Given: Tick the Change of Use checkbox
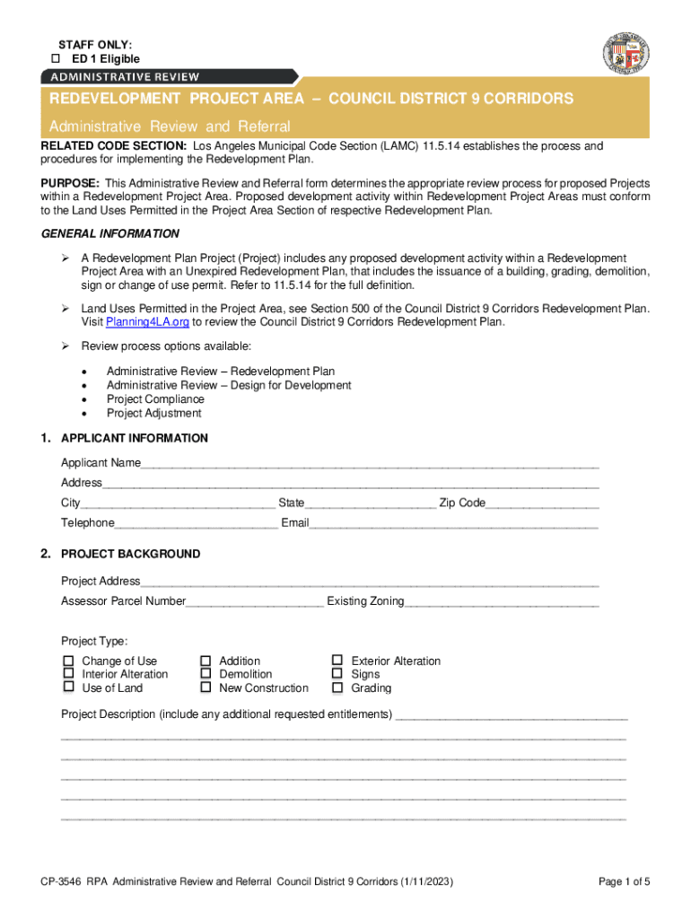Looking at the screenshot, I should pyautogui.click(x=68, y=661).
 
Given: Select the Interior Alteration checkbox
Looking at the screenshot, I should pyautogui.click(x=68, y=674).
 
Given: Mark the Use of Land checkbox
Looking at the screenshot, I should pyautogui.click(x=68, y=687).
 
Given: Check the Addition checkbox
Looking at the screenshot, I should pyautogui.click(x=206, y=661).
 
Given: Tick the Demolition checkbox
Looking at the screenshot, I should pyautogui.click(x=206, y=674).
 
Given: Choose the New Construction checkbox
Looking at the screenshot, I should pyautogui.click(x=206, y=687).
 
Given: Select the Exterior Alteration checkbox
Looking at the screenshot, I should pyautogui.click(x=337, y=661).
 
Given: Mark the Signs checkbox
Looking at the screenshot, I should pyautogui.click(x=337, y=674).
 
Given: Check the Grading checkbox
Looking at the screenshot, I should pyautogui.click(x=337, y=687).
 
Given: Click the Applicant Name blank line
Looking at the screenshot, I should pyautogui.click(x=369, y=463).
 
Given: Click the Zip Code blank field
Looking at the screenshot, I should pyautogui.click(x=542, y=503).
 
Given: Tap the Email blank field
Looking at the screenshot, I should pyautogui.click(x=453, y=523).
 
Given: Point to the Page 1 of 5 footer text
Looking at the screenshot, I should pyautogui.click(x=624, y=882).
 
